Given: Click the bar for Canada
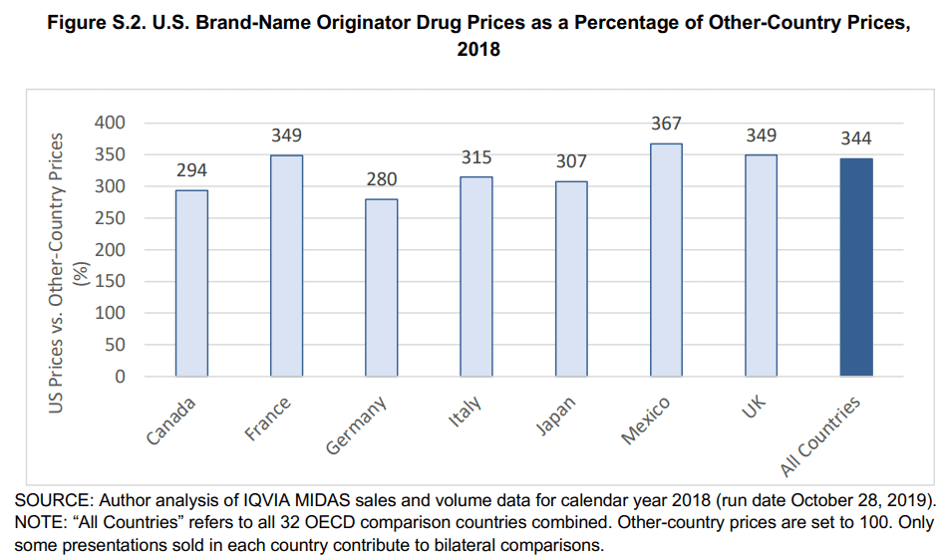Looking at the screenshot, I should tap(191, 283).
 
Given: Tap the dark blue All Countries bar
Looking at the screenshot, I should tap(856, 267).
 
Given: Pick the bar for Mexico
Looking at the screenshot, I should tap(666, 260).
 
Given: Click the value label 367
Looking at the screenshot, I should tap(666, 124).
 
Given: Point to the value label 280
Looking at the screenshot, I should tap(381, 179).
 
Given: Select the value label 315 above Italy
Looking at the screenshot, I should tap(476, 157).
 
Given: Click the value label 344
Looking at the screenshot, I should tap(856, 139).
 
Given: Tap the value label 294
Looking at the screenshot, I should tap(191, 170).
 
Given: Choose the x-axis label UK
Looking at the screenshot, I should tap(755, 408).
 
